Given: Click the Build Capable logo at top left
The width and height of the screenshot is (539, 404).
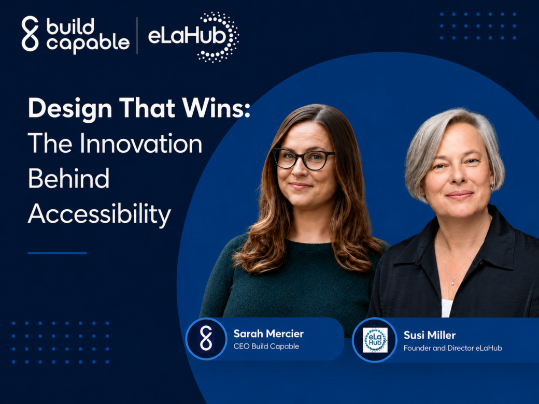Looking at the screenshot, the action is tap(76, 34).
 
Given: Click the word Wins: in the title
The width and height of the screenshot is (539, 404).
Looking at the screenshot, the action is tap(216, 108).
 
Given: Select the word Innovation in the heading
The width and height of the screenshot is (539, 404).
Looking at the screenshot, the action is tap(141, 143).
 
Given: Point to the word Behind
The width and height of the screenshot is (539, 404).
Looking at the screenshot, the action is tap(69, 178).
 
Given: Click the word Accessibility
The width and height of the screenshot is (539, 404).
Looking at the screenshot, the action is tap(100, 214).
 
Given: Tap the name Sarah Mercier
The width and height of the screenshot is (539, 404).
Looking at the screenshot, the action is tap(268, 334).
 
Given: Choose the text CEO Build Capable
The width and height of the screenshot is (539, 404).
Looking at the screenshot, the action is tap(266, 347).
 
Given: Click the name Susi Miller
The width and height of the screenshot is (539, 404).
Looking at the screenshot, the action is tap(430, 335).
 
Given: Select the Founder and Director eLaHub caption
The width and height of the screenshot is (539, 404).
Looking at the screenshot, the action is tap(453, 348).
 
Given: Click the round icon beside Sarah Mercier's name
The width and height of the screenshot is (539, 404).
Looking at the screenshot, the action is tap(206, 338).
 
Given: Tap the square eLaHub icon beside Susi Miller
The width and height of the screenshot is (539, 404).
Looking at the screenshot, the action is tap(375, 340).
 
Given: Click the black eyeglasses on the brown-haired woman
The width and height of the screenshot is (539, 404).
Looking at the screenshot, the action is tap(303, 158).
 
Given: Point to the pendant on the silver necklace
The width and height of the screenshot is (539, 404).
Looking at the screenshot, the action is tap(453, 282).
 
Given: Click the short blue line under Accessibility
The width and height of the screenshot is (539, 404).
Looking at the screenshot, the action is tap(58, 253).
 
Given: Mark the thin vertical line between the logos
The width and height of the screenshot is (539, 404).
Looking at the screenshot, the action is tap(137, 36).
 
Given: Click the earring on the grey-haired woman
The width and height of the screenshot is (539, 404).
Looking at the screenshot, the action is tap(492, 187).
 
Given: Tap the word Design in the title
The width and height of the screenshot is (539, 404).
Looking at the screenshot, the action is tap(70, 109).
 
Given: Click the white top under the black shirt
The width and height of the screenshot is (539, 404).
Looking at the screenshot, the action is tap(447, 308).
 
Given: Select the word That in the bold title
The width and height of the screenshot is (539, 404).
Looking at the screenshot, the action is tap(147, 108).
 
